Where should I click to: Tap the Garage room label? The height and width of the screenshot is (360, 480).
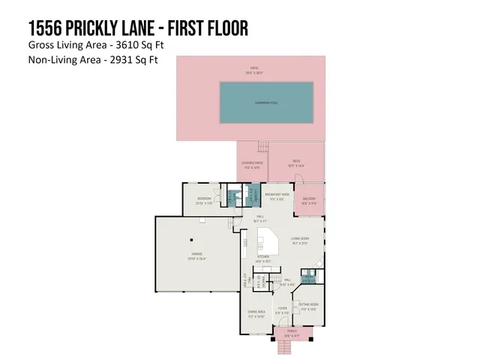[197, 256]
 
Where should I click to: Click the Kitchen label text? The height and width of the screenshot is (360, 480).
[263, 258]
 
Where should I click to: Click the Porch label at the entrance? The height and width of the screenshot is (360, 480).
[286, 331]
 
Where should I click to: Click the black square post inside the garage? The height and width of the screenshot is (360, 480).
[192, 239]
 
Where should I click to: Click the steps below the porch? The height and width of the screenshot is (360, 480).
[283, 346]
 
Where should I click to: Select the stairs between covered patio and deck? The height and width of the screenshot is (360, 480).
[262, 146]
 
